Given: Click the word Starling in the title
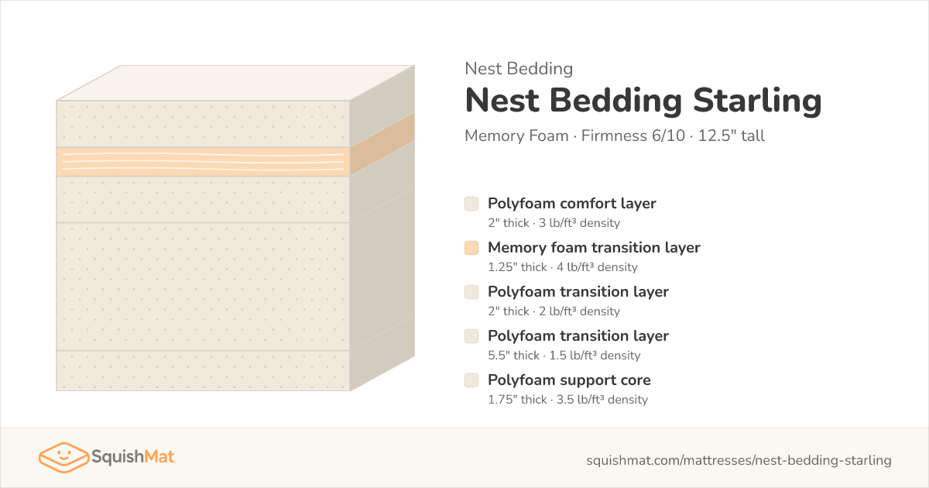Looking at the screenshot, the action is (x=757, y=101).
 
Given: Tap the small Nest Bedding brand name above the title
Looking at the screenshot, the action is (x=519, y=69).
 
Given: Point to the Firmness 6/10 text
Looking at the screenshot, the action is (x=633, y=136).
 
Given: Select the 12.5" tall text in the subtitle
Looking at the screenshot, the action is (x=731, y=136).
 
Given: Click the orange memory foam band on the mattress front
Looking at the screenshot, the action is (x=203, y=162).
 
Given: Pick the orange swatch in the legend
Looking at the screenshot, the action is (x=471, y=248).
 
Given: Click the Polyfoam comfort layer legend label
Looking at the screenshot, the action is (x=572, y=204).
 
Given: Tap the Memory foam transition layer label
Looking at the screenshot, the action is (x=594, y=248).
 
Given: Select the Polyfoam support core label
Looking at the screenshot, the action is (x=569, y=380).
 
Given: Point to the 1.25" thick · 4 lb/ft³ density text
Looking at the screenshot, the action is (x=563, y=267).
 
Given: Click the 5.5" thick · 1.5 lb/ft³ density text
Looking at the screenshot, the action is (x=564, y=356).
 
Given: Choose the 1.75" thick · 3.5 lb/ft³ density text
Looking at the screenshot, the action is (x=567, y=400).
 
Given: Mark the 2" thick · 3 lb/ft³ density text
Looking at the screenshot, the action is (x=554, y=223).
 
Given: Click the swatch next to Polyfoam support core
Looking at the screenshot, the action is (x=471, y=380).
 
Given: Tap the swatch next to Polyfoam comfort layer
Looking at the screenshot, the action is (x=471, y=204).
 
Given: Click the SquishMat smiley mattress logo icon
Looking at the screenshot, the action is (x=63, y=457).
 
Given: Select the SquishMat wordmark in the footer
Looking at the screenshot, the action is (x=133, y=457).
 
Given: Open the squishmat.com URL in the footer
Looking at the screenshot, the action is (x=739, y=460).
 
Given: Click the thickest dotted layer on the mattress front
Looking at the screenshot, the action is (x=203, y=287).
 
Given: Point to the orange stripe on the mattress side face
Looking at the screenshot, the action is (x=382, y=144).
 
